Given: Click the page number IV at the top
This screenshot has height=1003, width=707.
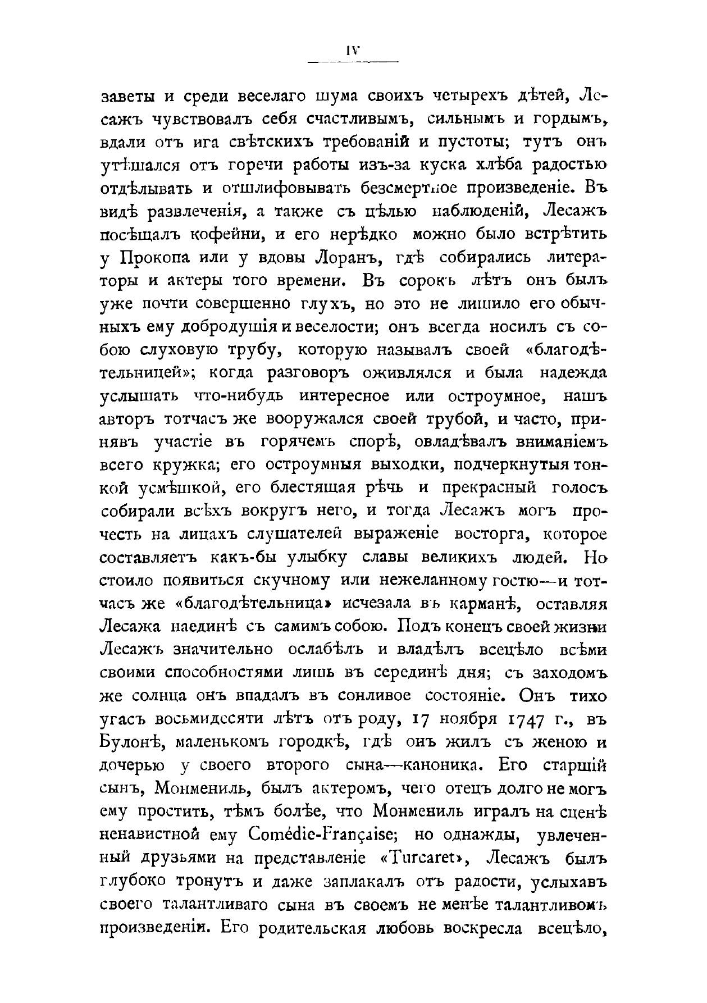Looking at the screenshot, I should pyautogui.click(x=352, y=51).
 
